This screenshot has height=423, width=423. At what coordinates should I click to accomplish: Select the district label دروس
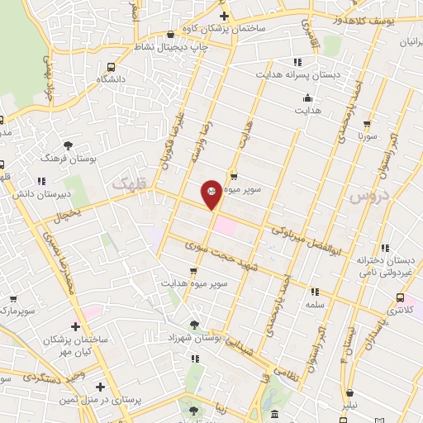click(x=366, y=197)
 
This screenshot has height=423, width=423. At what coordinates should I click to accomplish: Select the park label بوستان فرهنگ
click(x=69, y=157)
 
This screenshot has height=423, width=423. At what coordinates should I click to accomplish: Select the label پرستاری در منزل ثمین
click(x=99, y=400)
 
